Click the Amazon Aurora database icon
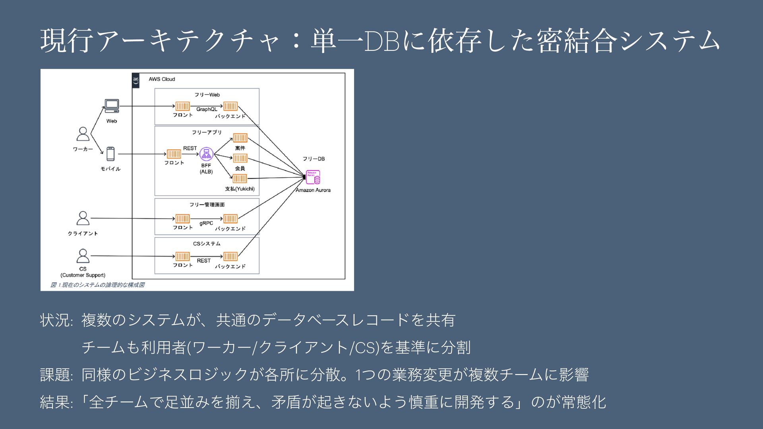[x=313, y=177]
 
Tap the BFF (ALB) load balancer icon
[x=206, y=154]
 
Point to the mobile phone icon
[x=110, y=154]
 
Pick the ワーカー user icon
[x=83, y=134]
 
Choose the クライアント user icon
[x=83, y=218]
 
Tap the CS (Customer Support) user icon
[x=83, y=256]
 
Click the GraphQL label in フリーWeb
[x=207, y=109]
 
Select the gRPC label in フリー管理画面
[x=206, y=223]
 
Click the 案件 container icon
[x=240, y=138]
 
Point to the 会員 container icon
[x=240, y=158]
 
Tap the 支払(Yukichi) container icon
[x=240, y=179]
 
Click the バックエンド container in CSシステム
[x=230, y=256]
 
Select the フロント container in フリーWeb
[x=182, y=106]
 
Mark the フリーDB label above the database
[x=314, y=159]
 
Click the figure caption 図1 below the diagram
[x=97, y=285]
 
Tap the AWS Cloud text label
[x=162, y=79]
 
